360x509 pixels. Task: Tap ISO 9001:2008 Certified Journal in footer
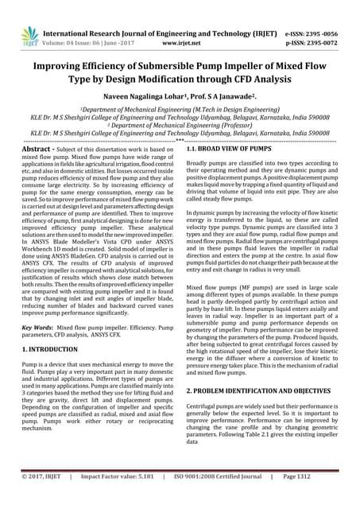point(226,500)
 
